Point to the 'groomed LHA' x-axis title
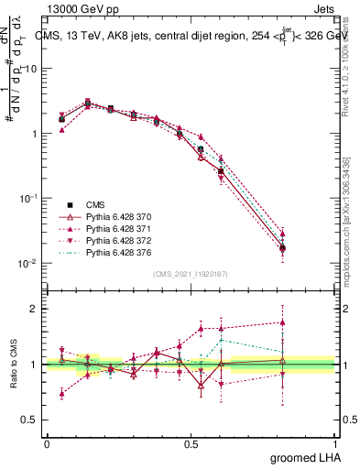tap(306, 457)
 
